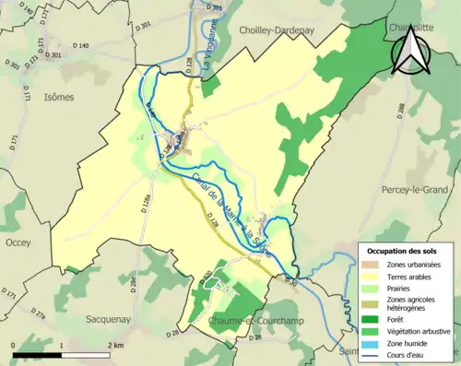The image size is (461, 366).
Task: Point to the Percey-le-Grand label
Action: coord(413,189)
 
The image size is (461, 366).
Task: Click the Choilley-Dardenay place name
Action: coord(278,30)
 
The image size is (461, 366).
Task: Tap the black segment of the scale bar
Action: coord(37,354)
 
